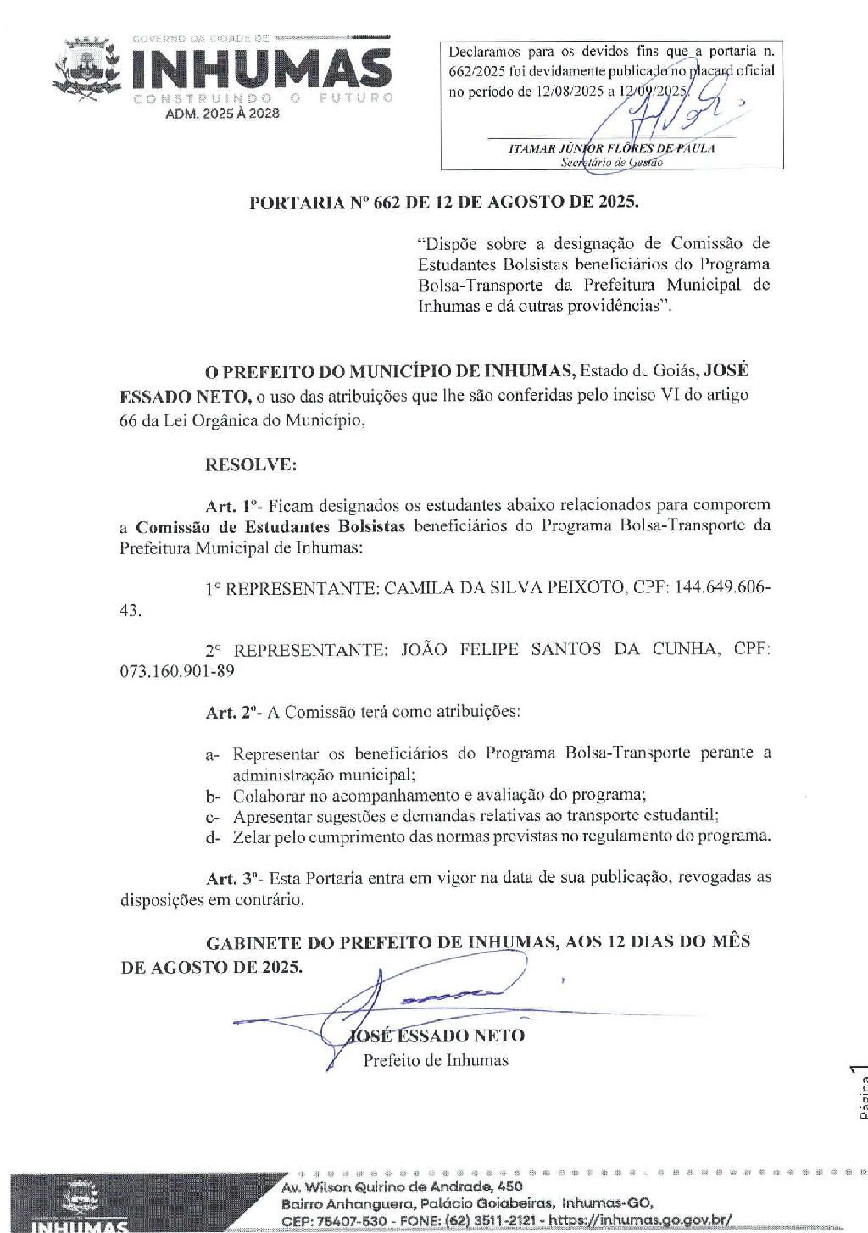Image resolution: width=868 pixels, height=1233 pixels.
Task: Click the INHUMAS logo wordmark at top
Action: [261, 69]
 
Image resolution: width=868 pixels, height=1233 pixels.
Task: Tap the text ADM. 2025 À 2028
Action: [222, 114]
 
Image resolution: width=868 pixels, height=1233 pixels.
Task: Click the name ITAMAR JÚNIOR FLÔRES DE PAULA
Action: [611, 148]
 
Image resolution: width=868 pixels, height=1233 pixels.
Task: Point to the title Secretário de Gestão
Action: [611, 162]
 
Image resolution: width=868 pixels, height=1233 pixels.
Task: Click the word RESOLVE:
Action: [251, 465]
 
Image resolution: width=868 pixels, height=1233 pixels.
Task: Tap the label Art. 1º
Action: [233, 507]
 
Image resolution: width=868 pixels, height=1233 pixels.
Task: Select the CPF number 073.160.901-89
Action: [177, 671]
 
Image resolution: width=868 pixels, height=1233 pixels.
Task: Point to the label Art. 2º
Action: [233, 713]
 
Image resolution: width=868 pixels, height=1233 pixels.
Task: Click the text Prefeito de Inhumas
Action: [436, 1060]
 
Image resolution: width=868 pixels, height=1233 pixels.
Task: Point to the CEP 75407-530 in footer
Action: [334, 1220]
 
